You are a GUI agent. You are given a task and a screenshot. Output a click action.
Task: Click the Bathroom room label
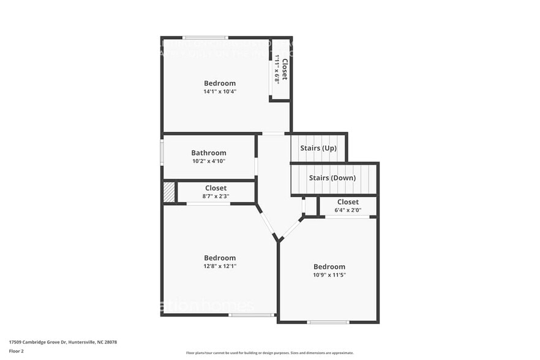[208, 153]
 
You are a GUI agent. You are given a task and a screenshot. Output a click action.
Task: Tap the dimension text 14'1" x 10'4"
[220, 91]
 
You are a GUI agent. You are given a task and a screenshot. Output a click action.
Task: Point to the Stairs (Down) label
[332, 178]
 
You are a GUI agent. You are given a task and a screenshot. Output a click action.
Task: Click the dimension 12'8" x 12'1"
[220, 266]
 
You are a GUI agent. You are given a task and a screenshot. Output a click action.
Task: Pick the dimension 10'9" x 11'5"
[329, 275]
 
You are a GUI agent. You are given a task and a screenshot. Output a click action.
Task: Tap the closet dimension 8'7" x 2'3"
[216, 196]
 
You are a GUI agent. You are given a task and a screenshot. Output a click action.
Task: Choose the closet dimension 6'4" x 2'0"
[347, 210]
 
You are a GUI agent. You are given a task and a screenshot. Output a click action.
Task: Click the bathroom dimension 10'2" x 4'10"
[208, 161]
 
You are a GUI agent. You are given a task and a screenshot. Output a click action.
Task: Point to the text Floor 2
[17, 351]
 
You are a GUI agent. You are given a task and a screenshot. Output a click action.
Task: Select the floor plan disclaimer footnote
[269, 353]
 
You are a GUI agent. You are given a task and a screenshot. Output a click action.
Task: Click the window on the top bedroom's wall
[206, 37]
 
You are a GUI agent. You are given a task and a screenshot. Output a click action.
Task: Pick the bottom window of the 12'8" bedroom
[252, 315]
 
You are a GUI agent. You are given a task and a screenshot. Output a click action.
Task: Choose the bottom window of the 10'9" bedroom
[328, 322]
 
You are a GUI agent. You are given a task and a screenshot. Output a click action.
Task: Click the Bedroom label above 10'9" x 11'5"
[329, 267]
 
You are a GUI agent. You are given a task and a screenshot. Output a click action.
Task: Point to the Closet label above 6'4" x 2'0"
[348, 202]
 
